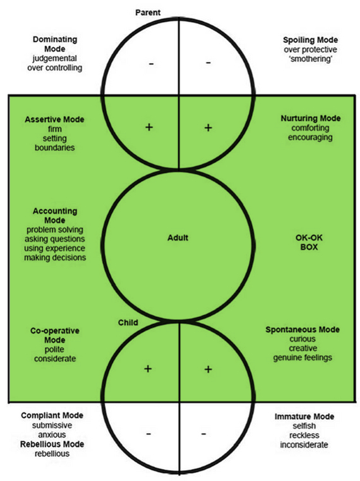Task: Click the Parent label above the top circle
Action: tap(148, 13)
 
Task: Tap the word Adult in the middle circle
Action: tap(177, 238)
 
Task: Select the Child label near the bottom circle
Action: tap(128, 323)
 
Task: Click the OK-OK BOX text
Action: tap(309, 242)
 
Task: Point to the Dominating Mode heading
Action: tap(55, 44)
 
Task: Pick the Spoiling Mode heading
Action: tap(310, 40)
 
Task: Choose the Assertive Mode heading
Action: tap(54, 119)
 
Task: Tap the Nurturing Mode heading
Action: tap(311, 119)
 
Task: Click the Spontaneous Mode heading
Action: tap(303, 330)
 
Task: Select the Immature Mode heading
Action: tap(304, 417)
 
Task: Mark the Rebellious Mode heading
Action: tap(52, 444)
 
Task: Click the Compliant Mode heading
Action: tap(52, 415)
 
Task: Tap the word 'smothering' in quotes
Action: tap(311, 59)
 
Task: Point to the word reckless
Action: tap(304, 436)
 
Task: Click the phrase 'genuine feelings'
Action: tap(303, 358)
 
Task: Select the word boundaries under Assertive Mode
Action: tap(54, 148)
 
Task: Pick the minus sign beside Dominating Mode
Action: tap(152, 64)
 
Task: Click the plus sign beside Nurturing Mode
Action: tap(208, 128)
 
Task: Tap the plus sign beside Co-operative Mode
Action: tap(148, 369)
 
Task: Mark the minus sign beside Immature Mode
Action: tap(203, 434)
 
